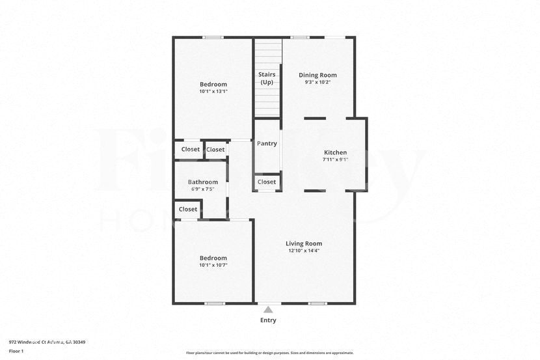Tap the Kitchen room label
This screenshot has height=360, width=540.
coord(336,152)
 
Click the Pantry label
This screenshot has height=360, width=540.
coord(267,143)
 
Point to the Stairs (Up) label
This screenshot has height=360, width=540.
coord(267,78)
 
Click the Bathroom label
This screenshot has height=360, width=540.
coord(203,182)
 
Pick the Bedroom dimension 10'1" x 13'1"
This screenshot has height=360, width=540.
coord(213,92)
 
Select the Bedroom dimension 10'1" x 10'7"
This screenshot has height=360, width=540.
coord(213,265)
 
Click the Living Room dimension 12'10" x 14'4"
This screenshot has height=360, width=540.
coord(303,251)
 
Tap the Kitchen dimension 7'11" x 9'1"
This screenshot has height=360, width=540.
coord(336,159)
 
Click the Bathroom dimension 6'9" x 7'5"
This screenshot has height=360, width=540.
coord(203,189)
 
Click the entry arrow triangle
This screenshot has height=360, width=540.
coord(268,309)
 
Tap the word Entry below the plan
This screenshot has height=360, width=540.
coord(268,320)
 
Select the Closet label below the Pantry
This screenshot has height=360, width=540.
coord(267,182)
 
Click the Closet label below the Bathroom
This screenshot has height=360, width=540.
coord(188,209)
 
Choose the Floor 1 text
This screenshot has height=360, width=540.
coord(16,351)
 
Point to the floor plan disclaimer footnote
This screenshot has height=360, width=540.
coord(270,353)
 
